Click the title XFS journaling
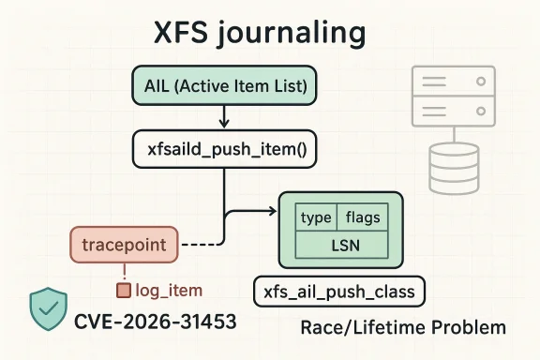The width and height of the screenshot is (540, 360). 259,34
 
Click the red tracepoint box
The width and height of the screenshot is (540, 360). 124,245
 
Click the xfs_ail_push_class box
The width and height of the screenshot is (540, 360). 339,291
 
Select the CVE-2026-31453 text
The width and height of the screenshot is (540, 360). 155,322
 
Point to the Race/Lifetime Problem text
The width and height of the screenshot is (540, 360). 403,328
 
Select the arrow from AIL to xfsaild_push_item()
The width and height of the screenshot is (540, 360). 222,115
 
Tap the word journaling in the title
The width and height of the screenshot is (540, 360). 298,35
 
